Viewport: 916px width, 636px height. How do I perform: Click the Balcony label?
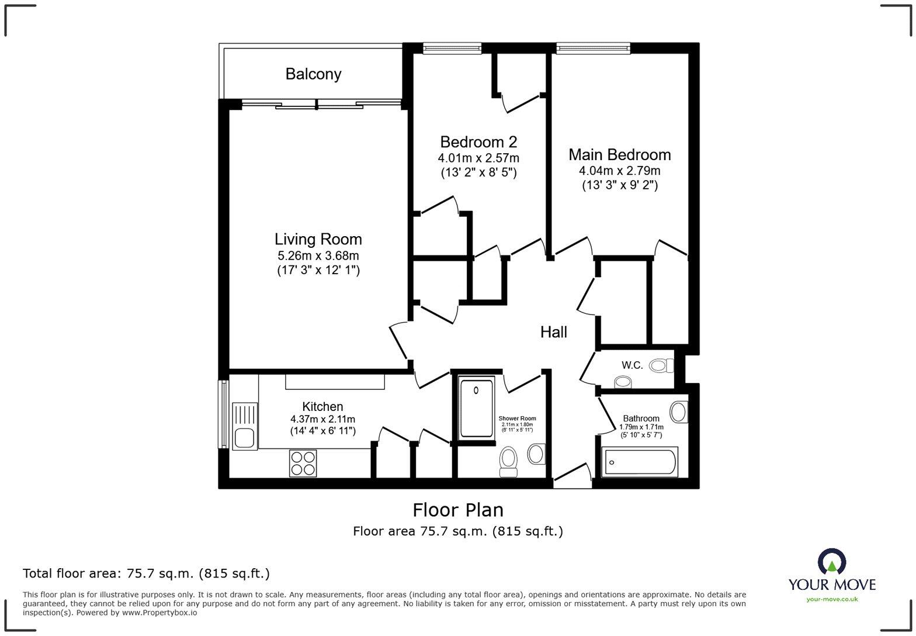coord(313,74)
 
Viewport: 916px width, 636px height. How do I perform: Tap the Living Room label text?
coord(318,239)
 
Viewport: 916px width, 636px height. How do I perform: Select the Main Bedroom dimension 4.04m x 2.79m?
coord(619,171)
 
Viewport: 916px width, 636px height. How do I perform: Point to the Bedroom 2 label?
coord(478,142)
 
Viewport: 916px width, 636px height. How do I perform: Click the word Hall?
coord(553,332)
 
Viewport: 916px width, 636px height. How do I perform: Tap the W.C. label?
coord(632,365)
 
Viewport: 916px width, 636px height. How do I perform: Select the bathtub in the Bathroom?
coord(640,462)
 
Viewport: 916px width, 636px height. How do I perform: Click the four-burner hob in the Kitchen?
coord(303,463)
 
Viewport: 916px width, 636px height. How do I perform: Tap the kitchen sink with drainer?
coord(244,426)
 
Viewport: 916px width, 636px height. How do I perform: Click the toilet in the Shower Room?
coord(508,461)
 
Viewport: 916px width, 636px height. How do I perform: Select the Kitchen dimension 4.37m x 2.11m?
coord(322,419)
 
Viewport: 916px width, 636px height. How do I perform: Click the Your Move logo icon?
coord(832,562)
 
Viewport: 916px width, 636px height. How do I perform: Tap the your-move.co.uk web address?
coord(832,599)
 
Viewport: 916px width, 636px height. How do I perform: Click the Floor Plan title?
coord(458,510)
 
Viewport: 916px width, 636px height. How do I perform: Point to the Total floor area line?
coord(146,573)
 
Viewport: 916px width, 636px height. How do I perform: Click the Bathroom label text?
coord(641,419)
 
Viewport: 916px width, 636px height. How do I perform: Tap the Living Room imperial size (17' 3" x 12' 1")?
coord(318,270)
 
